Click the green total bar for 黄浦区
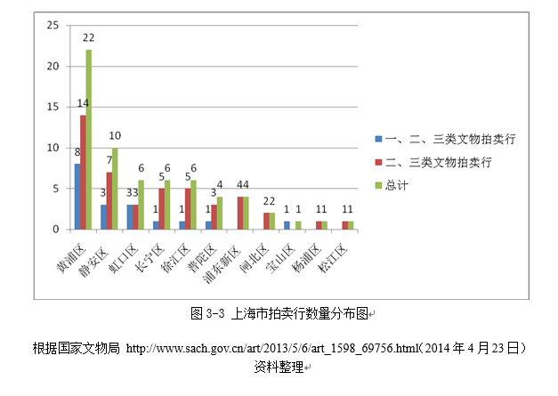click(x=88, y=140)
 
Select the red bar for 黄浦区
click(x=83, y=172)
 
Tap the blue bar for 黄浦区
click(x=77, y=196)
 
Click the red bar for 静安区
click(x=109, y=200)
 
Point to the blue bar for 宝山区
click(x=286, y=225)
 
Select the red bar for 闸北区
click(x=266, y=221)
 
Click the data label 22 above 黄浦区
click(x=89, y=37)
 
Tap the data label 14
click(x=83, y=103)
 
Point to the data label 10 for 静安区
click(x=116, y=136)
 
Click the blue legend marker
click(x=377, y=139)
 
